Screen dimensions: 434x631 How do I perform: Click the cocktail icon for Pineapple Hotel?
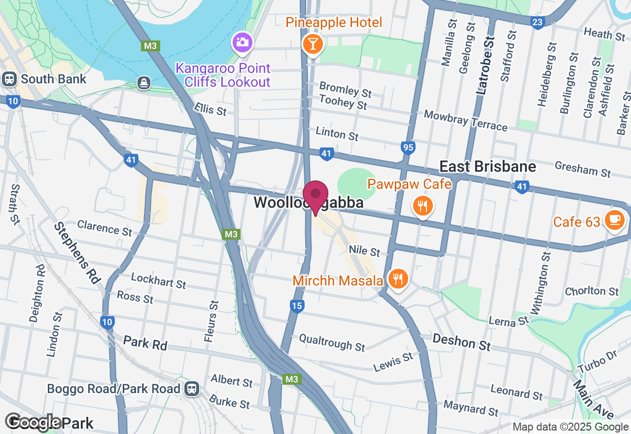[x=312, y=44]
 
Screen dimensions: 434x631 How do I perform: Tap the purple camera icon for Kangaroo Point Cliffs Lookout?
[x=242, y=42]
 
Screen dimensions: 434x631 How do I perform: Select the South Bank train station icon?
[x=8, y=79]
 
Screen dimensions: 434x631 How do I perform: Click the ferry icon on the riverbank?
[x=144, y=83]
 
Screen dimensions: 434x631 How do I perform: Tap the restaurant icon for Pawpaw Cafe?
[x=422, y=206]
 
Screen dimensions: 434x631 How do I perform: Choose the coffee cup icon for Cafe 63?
[x=614, y=219]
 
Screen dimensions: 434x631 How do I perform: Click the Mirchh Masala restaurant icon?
[x=397, y=279]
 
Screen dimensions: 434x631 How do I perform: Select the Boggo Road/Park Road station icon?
[x=192, y=389]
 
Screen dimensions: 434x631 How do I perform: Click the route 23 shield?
[x=537, y=22]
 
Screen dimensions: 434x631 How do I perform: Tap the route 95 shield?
[x=408, y=147]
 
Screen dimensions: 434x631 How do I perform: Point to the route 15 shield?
[x=296, y=306]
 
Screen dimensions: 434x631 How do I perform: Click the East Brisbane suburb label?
[x=488, y=167]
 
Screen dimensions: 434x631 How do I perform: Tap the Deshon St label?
[x=461, y=342]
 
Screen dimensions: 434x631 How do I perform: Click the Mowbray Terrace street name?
[x=465, y=121]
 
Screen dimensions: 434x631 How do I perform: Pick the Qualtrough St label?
[x=332, y=342]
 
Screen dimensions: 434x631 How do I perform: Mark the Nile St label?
[x=364, y=251]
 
